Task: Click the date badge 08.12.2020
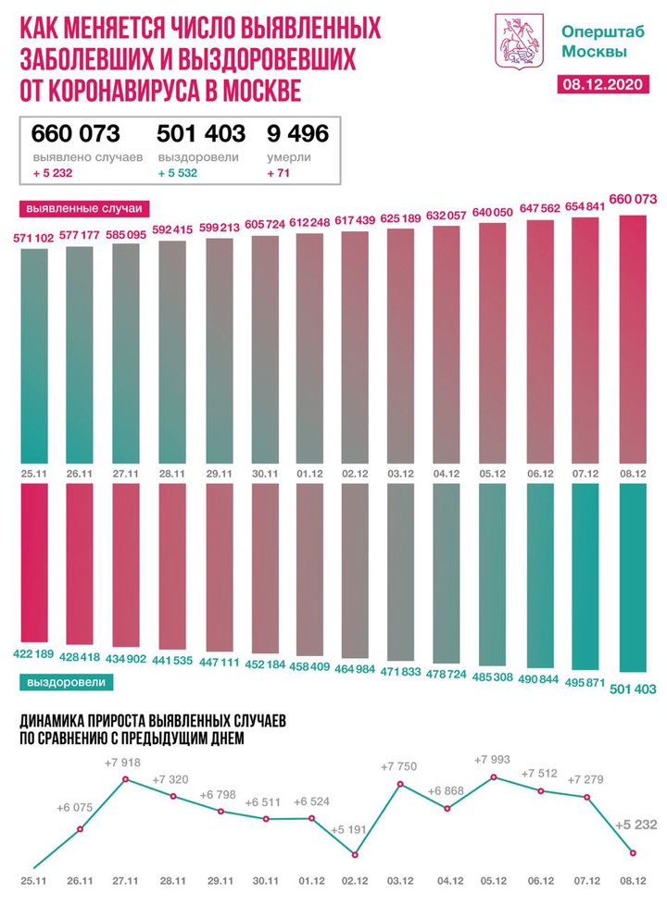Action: pyautogui.click(x=605, y=85)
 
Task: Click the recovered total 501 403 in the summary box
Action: pyautogui.click(x=201, y=134)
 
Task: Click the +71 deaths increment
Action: pyautogui.click(x=277, y=173)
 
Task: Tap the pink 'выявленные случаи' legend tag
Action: pyautogui.click(x=77, y=207)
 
